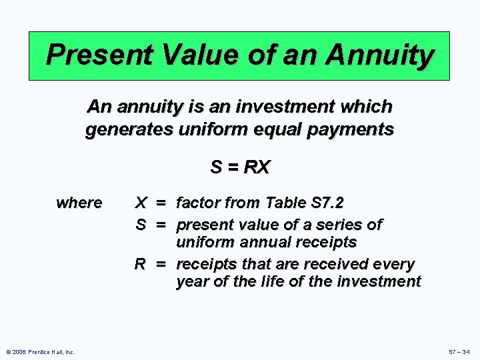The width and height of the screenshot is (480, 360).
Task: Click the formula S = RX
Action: coord(239,167)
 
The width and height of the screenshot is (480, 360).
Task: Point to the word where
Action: coord(79,203)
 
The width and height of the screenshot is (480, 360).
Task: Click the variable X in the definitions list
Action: coord(141,203)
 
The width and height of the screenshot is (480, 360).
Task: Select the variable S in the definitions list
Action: coord(141,225)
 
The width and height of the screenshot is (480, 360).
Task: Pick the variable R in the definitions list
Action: coord(141,264)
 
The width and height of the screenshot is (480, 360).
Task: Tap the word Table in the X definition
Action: coord(283,203)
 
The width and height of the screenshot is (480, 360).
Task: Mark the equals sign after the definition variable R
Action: coord(161,264)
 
